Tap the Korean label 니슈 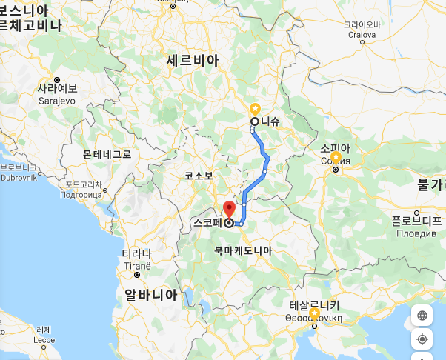[270, 121]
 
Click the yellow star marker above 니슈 [255, 108]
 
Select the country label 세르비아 [193, 60]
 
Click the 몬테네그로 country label [107, 154]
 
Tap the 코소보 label [199, 176]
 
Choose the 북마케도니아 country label [243, 250]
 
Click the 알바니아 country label [151, 294]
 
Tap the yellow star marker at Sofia [336, 158]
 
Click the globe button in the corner [422, 315]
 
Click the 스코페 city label [209, 221]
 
